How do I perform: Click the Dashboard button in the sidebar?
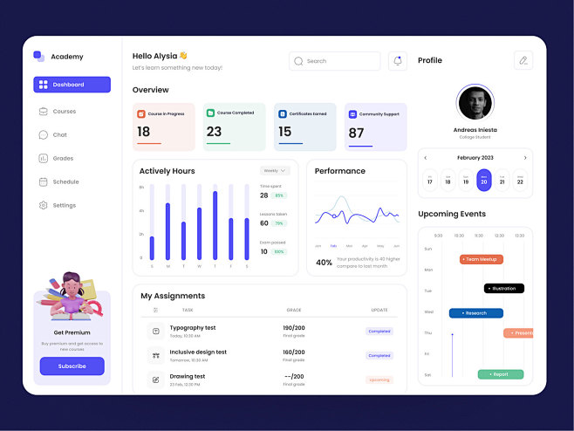pyautogui.click(x=72, y=85)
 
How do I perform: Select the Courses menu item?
pyautogui.click(x=64, y=112)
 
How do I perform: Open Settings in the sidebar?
pyautogui.click(x=64, y=205)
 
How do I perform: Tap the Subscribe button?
pyautogui.click(x=72, y=366)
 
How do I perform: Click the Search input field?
pyautogui.click(x=335, y=61)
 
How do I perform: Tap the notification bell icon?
pyautogui.click(x=398, y=61)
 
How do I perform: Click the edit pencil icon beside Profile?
pyautogui.click(x=523, y=60)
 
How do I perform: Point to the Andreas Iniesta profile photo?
pyautogui.click(x=475, y=103)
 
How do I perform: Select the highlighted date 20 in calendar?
pyautogui.click(x=484, y=180)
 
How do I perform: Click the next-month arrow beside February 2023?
pyautogui.click(x=525, y=158)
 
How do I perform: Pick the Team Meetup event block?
pyautogui.click(x=482, y=259)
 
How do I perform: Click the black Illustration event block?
pyautogui.click(x=504, y=288)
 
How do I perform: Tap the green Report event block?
pyautogui.click(x=501, y=374)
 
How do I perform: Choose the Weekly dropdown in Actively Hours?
pyautogui.click(x=274, y=171)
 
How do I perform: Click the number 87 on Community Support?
pyautogui.click(x=356, y=133)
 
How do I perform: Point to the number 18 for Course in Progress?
pyautogui.click(x=144, y=132)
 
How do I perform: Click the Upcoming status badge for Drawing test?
pyautogui.click(x=379, y=380)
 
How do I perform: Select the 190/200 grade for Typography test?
pyautogui.click(x=294, y=327)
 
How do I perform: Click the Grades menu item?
pyautogui.click(x=63, y=159)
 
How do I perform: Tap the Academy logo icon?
pyautogui.click(x=38, y=56)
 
